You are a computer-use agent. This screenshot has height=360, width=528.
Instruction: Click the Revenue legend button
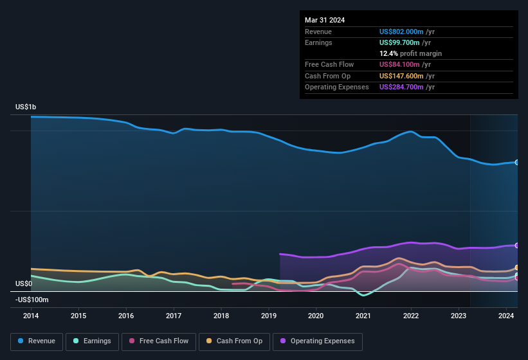[x=37, y=341]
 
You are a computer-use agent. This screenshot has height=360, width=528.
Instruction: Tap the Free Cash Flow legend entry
[x=159, y=341]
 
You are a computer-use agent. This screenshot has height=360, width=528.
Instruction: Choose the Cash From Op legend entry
[x=234, y=341]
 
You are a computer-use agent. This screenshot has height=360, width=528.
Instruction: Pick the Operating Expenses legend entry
[x=318, y=341]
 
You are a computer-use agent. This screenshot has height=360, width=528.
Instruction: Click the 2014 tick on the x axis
[x=31, y=316]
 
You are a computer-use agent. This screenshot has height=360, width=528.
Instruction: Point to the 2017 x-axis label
[x=174, y=316]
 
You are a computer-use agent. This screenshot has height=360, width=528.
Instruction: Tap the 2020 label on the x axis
[x=316, y=316]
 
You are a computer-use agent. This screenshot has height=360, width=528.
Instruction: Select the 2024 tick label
[x=506, y=316]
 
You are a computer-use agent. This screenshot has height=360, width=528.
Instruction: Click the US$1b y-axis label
[x=26, y=107]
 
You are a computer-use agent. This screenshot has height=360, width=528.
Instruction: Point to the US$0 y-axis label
[x=24, y=283]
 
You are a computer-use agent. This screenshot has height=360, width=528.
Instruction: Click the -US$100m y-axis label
[x=32, y=300]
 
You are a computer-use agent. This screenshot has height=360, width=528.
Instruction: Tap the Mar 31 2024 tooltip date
[x=325, y=20]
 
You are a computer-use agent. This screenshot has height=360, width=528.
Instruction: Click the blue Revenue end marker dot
[x=517, y=162]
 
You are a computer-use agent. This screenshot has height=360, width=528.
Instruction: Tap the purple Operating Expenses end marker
[x=517, y=246]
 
